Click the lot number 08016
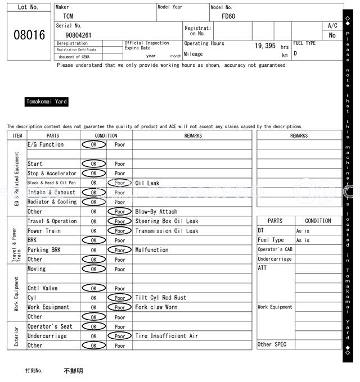(x=29, y=35)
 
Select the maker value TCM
(x=68, y=16)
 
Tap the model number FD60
(x=228, y=16)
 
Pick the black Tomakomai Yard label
(x=47, y=102)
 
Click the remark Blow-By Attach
(x=156, y=212)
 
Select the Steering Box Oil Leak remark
(x=166, y=221)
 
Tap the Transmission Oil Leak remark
(x=166, y=231)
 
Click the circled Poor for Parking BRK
(x=120, y=250)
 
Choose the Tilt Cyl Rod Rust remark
(x=160, y=298)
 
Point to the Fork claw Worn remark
(x=156, y=307)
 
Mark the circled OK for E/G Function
(x=93, y=145)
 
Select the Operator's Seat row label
(x=50, y=326)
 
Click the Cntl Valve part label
(x=43, y=288)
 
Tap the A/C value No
(x=332, y=35)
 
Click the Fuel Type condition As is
(x=303, y=240)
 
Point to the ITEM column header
(x=17, y=135)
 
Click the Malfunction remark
(x=151, y=250)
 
